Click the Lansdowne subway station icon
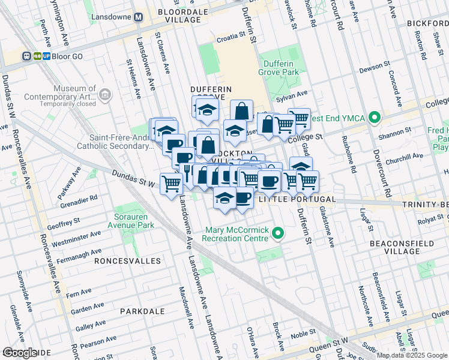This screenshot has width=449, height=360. click(138, 17)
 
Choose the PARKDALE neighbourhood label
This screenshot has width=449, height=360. click(142, 311)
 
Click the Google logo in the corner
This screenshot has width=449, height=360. click(20, 353)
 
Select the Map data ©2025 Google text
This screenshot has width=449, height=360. click(411, 355)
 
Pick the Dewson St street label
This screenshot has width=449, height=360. click(375, 70)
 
